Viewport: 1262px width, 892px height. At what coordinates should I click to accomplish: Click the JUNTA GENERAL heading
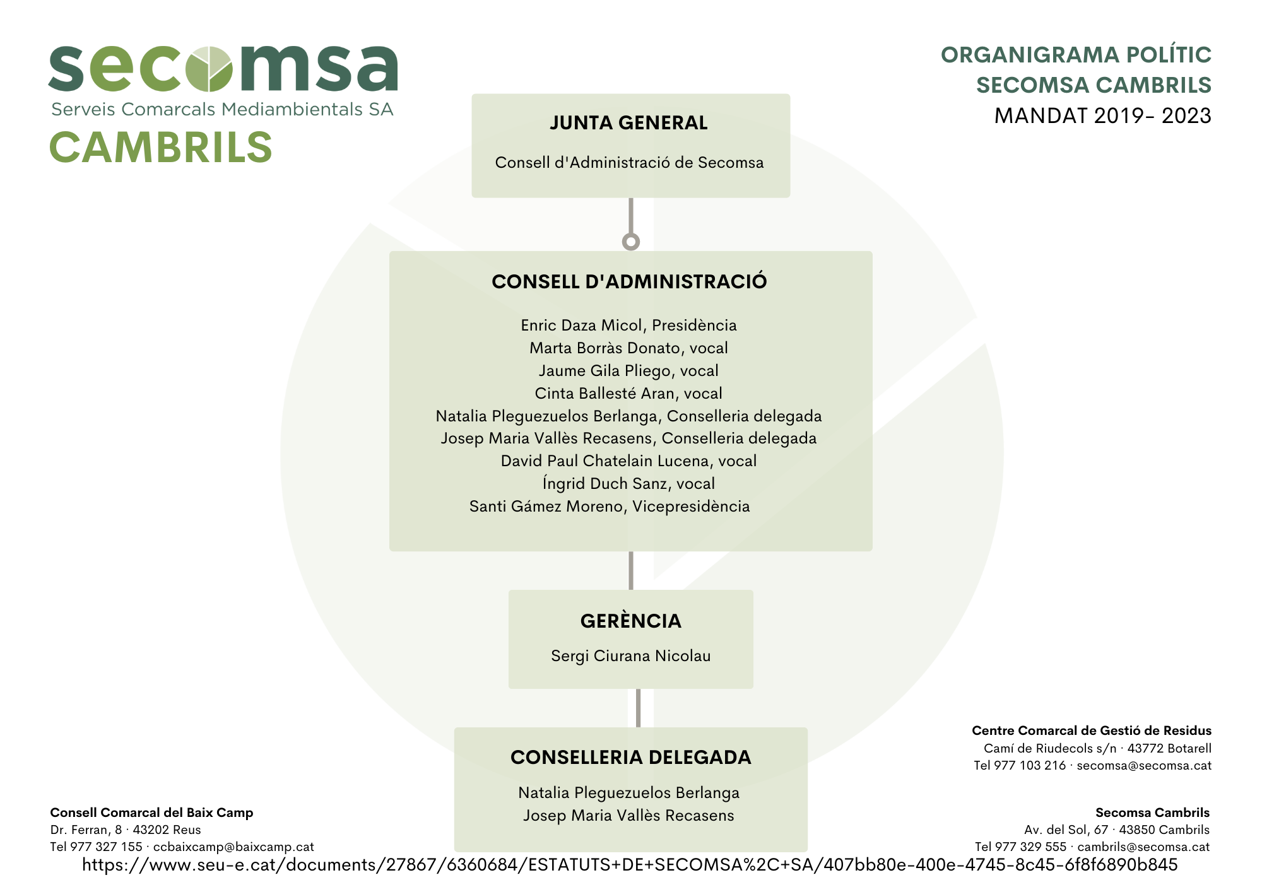[628, 122]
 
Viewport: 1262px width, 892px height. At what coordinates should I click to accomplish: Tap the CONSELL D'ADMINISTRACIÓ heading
[629, 281]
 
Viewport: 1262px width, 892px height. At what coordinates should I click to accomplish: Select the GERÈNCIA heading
[631, 621]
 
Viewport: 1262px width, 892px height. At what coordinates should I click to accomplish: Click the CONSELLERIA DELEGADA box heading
[631, 757]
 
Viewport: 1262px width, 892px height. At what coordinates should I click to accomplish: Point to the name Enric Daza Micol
[581, 325]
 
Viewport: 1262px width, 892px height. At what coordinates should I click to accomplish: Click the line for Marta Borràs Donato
[628, 348]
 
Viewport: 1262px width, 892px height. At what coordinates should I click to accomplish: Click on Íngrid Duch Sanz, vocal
[628, 483]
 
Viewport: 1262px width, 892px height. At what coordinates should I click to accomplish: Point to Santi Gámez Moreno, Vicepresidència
[610, 506]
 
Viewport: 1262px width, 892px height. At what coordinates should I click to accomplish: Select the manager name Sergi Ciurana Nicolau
[631, 655]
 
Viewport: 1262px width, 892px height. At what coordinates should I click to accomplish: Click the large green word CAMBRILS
[161, 147]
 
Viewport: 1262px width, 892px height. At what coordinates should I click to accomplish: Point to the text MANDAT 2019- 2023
[1102, 115]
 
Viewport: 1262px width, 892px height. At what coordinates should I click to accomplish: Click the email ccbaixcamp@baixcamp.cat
[233, 847]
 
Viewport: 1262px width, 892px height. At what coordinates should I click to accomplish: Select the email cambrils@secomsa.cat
[1143, 847]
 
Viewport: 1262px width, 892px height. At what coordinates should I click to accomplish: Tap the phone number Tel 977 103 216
[1020, 765]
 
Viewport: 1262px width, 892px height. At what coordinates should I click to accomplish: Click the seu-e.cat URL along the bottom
[630, 864]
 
